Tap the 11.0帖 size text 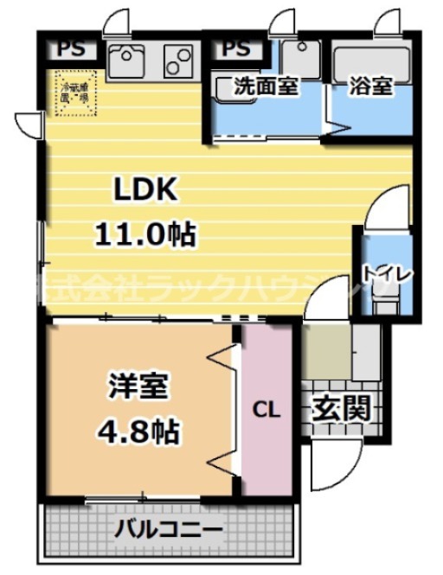(x=143, y=233)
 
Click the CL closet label (x=266, y=410)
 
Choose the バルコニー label (x=170, y=528)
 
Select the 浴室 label (x=371, y=86)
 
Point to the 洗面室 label (x=266, y=86)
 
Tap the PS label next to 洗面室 (x=236, y=49)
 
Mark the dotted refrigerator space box (x=73, y=92)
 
